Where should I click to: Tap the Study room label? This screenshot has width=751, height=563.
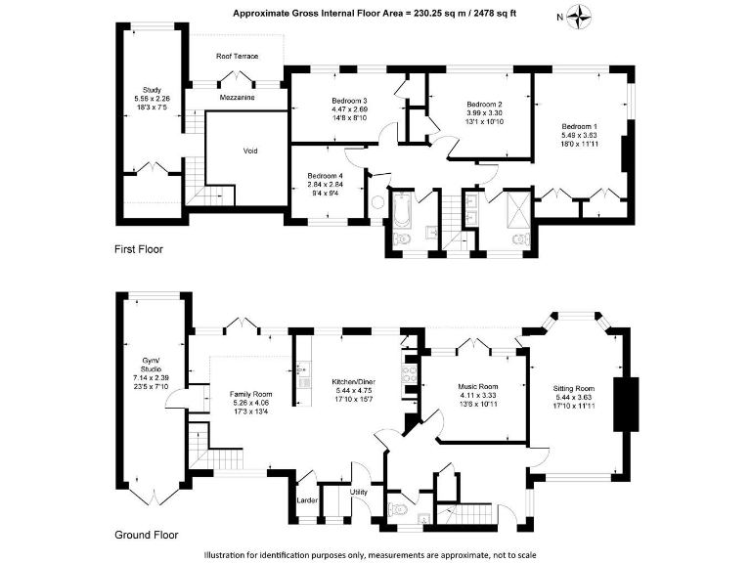coord(151,90)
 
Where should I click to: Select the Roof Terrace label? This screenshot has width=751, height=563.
coord(238,57)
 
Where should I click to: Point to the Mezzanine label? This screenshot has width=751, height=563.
coord(238,85)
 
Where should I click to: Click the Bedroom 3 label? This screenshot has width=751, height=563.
coord(349,102)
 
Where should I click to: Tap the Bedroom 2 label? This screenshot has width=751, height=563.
coord(484,106)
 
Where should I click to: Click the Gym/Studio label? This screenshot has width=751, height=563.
coord(150,361)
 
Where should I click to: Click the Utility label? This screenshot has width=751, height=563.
coord(359,492)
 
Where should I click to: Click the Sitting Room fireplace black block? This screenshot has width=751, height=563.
coord(623,403)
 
